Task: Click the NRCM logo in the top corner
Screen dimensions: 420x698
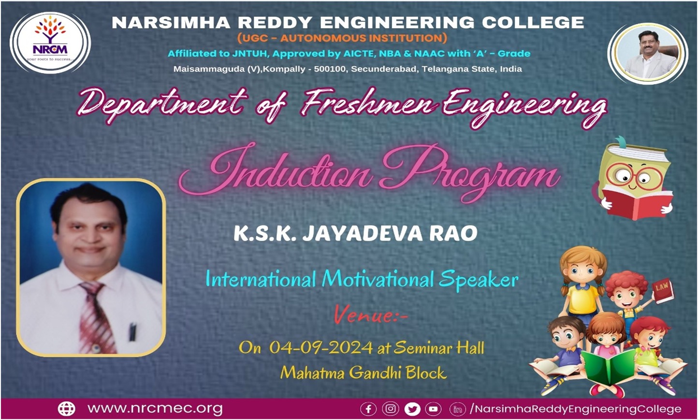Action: point(50,42)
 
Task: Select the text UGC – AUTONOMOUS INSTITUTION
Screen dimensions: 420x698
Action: point(342,38)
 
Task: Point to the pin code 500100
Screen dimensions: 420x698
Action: point(330,69)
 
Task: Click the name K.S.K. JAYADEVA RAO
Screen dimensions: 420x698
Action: point(355,233)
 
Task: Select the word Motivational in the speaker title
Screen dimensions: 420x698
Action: point(378,279)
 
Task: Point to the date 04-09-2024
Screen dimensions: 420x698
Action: point(321,347)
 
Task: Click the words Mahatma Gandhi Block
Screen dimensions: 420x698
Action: point(364,373)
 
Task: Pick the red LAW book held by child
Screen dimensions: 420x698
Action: point(662,289)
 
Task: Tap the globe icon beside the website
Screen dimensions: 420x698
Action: point(67,409)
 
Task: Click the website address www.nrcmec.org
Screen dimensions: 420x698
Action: point(155,409)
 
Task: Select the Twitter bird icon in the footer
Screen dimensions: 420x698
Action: point(412,409)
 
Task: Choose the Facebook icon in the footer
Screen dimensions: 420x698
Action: point(368,409)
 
